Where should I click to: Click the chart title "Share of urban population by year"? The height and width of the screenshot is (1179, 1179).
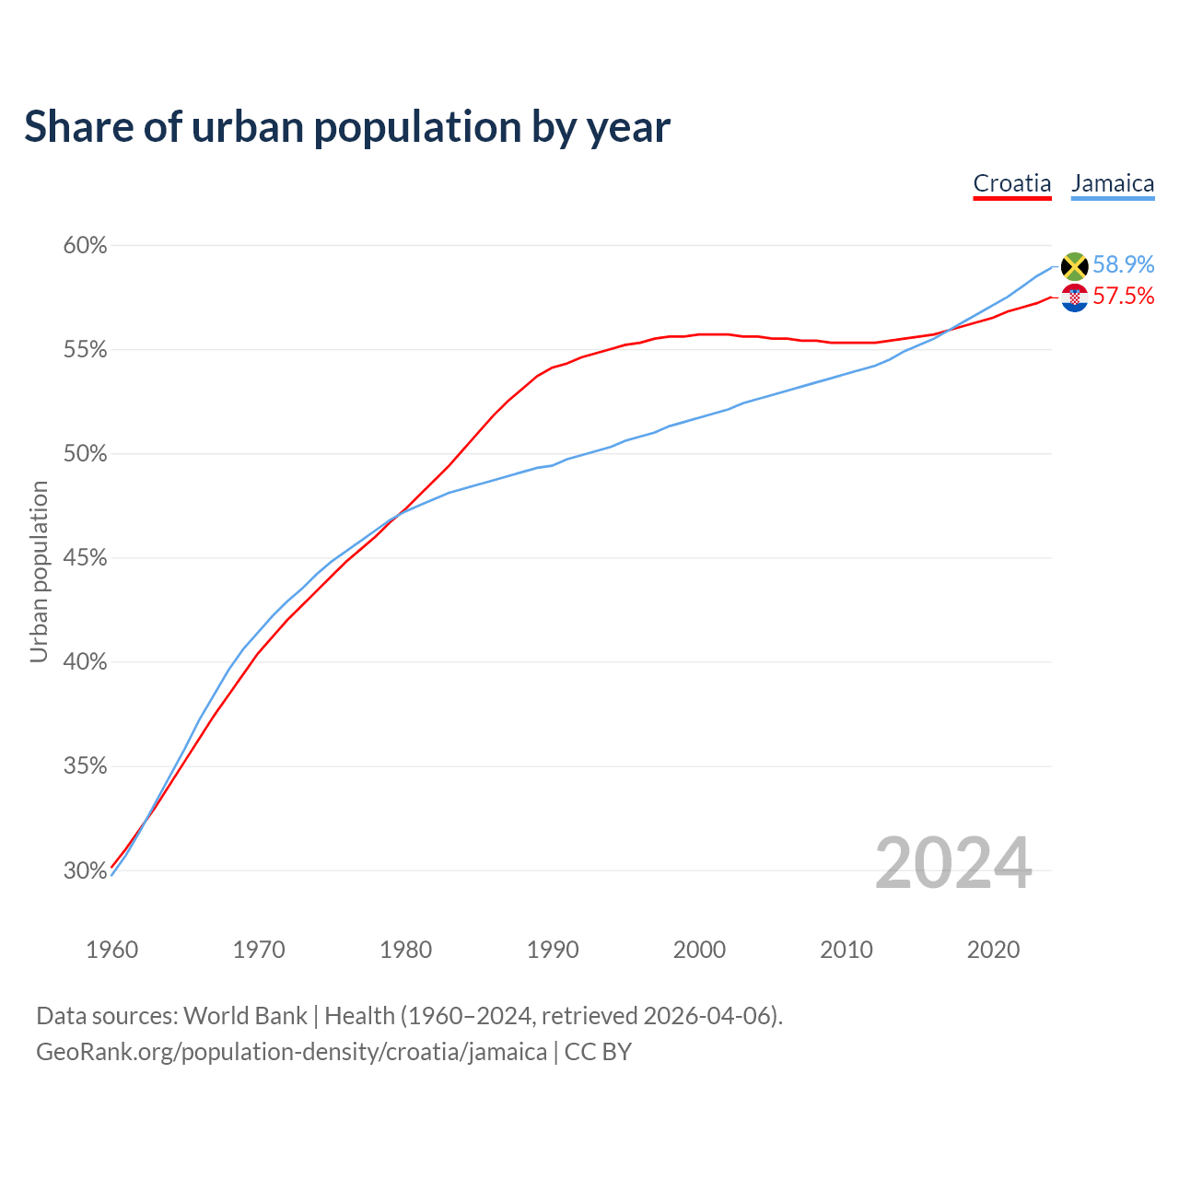tap(347, 127)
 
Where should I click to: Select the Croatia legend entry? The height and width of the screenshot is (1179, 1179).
tap(1011, 183)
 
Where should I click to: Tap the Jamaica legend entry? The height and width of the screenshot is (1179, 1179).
tap(1112, 183)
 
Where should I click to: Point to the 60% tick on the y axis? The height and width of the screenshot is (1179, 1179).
tap(85, 246)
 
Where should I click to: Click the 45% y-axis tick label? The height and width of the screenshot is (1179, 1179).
tap(85, 558)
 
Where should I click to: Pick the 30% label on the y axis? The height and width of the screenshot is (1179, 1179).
tap(85, 870)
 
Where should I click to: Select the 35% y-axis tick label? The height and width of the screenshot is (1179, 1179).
tap(85, 766)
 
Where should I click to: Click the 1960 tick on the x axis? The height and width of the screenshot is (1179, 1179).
tap(111, 950)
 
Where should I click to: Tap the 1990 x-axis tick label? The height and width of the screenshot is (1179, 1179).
tap(553, 950)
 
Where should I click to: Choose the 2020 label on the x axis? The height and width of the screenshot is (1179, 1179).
tap(993, 950)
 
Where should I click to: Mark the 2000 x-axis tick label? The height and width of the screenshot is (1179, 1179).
tap(699, 950)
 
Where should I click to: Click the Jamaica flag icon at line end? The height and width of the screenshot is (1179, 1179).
tap(1074, 266)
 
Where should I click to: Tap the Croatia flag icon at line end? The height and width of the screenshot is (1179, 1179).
tap(1074, 298)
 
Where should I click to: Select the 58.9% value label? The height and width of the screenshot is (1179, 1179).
tap(1123, 264)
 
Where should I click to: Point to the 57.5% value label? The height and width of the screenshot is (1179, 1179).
tap(1123, 296)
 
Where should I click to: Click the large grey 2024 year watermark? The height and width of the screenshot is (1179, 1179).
tap(952, 863)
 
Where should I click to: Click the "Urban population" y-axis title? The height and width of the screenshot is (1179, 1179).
tap(39, 571)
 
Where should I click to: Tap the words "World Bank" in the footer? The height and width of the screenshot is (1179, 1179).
tap(245, 1016)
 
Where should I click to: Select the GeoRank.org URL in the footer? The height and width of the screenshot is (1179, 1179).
tap(291, 1052)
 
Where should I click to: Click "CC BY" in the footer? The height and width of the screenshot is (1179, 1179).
tap(598, 1052)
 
